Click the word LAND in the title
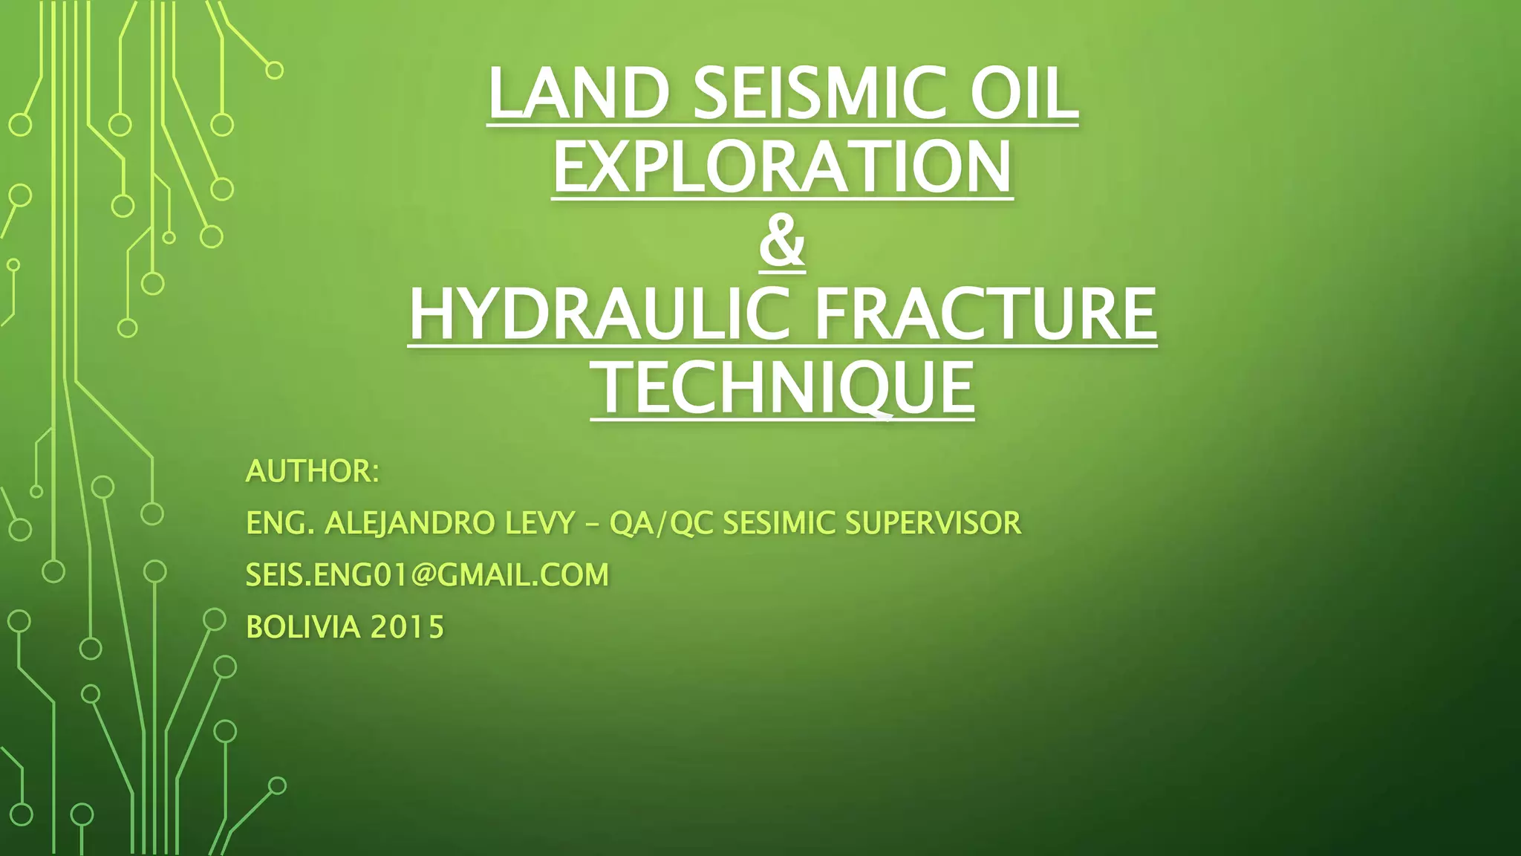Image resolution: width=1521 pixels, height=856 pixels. (579, 94)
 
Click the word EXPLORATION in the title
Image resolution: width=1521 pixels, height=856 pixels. (782, 167)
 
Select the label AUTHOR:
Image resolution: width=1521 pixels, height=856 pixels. (313, 471)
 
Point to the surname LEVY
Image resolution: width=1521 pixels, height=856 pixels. (540, 523)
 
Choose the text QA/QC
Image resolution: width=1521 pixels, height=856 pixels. (661, 523)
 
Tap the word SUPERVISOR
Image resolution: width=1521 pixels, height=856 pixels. (933, 523)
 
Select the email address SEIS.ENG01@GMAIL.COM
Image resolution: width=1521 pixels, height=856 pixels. (427, 575)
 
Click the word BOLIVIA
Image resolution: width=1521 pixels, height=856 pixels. (303, 627)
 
